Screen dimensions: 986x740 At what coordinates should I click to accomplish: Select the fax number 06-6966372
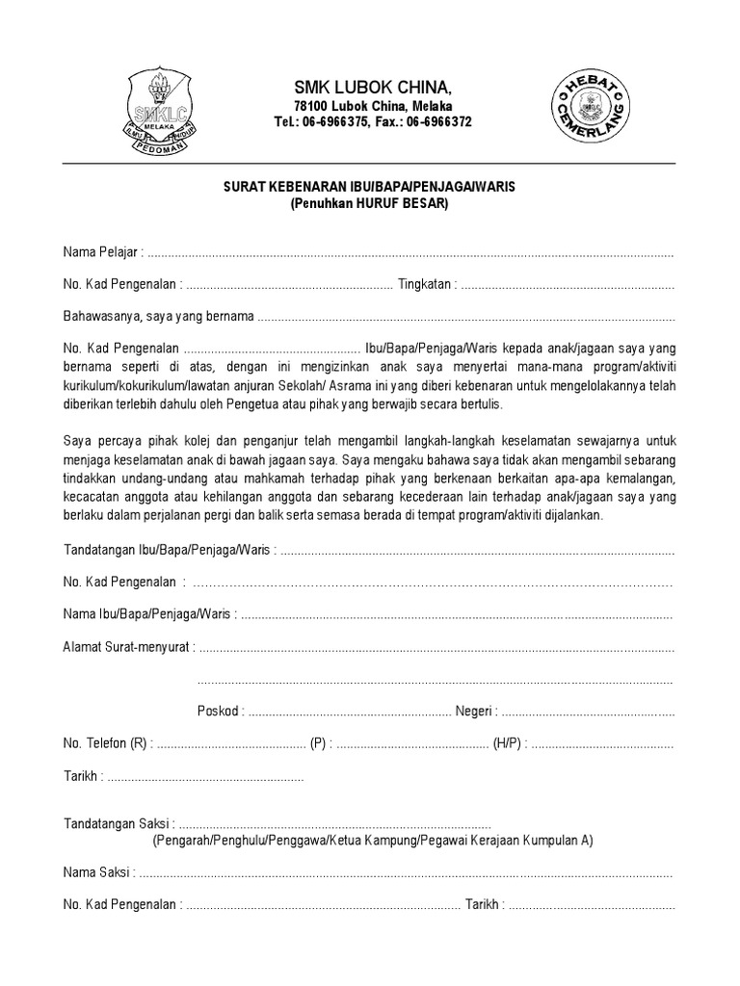(438, 122)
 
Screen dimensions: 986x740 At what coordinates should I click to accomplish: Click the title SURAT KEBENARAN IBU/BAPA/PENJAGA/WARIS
(371, 188)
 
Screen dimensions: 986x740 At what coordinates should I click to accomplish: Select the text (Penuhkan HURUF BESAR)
(371, 204)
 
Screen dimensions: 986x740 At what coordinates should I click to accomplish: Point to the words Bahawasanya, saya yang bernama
(158, 316)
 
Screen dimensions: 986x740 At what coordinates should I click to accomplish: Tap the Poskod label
(219, 711)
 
